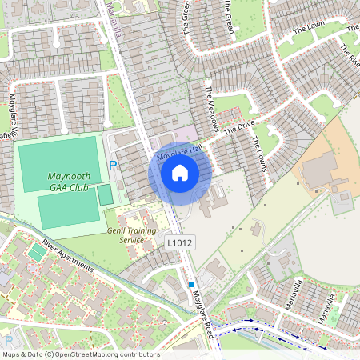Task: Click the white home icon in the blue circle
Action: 180,172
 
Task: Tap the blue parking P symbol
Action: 113,165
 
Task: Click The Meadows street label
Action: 213,109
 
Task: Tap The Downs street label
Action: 260,153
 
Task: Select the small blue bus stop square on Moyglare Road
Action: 191,284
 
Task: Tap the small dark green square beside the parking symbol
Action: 105,194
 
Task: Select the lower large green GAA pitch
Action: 66,210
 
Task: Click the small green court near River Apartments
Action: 36,253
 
